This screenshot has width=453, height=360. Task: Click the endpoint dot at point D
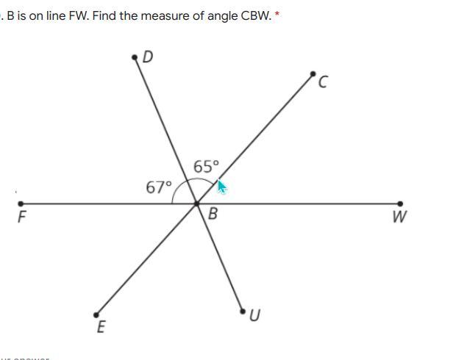pos(135,56)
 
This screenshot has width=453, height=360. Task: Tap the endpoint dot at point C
pos(313,74)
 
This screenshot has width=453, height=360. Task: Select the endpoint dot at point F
pos(21,204)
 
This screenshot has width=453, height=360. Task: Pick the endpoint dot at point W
pos(401,204)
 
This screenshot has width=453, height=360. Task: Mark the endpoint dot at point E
pos(96,313)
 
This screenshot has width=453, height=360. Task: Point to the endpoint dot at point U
pos(243,312)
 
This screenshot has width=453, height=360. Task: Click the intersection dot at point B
pos(196,204)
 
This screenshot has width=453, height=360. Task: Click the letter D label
pos(147,57)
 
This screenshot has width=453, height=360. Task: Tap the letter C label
pos(322,83)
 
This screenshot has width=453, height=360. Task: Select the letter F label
pos(22,217)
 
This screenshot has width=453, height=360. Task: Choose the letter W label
pos(400,217)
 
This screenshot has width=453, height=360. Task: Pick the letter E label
pos(101,327)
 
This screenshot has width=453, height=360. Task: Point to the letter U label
pos(254,316)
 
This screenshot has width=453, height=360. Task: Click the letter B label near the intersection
pos(213,215)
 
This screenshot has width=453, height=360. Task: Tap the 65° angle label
pos(206,167)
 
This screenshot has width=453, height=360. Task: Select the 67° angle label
pos(158,187)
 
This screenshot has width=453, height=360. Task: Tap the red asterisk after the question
pos(277,14)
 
